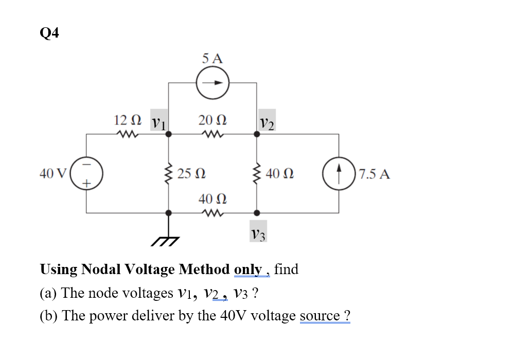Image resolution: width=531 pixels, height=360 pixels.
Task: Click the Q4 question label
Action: click(49, 33)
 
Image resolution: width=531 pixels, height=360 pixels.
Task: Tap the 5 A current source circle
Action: click(213, 83)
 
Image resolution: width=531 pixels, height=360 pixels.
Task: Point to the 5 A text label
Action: click(213, 59)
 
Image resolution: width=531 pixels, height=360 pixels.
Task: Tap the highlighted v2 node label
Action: click(267, 122)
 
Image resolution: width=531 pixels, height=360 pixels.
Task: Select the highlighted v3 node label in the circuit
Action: click(258, 234)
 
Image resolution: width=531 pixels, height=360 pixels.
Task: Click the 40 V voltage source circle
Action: click(87, 173)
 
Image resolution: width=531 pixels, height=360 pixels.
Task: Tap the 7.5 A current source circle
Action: click(339, 173)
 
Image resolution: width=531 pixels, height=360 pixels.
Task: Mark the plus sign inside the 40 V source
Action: click(86, 183)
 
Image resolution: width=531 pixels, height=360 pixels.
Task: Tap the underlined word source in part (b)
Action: click(320, 315)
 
